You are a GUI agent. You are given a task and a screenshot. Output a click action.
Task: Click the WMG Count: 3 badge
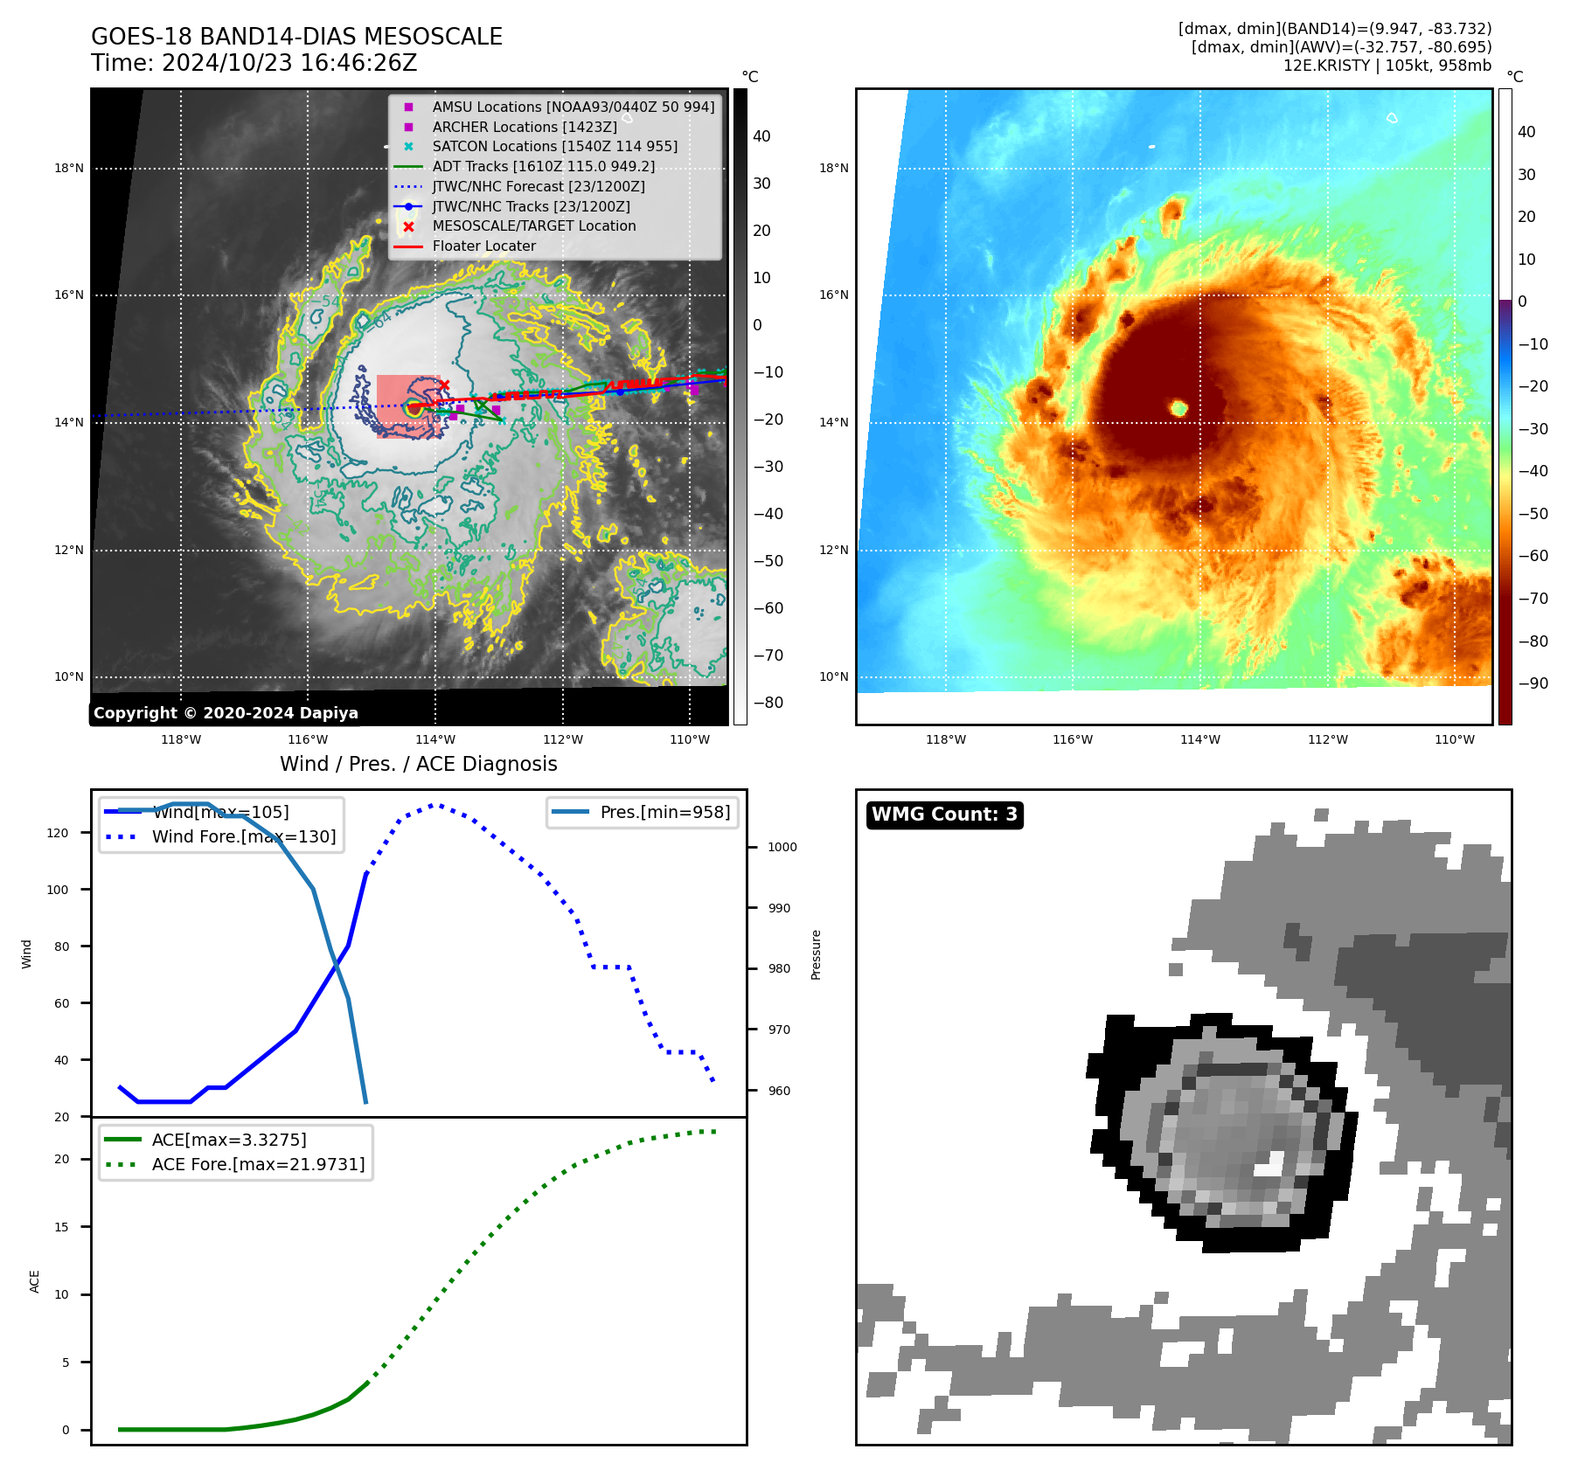pos(944,815)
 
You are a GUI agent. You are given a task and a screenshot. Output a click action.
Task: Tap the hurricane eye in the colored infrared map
pos(1178,408)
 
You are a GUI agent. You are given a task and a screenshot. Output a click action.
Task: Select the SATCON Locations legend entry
pos(554,147)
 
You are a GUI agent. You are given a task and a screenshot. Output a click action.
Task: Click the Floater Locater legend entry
pos(483,246)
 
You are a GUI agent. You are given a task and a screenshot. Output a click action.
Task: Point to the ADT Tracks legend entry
pos(543,167)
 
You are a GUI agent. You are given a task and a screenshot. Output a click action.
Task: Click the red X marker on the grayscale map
pos(444,385)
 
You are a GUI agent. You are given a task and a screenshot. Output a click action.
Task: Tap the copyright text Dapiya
pos(226,713)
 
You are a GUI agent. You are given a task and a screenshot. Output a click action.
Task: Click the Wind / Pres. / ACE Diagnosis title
pos(418,764)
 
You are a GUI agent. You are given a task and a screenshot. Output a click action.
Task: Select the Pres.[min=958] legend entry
pos(664,812)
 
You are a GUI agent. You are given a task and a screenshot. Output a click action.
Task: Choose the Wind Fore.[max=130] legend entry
pos(243,836)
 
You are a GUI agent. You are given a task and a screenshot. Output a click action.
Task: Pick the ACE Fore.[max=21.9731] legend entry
pos(258,1164)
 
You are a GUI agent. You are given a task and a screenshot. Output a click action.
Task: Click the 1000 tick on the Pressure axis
pos(782,847)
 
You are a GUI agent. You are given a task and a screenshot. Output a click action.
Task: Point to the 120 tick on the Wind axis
pos(58,833)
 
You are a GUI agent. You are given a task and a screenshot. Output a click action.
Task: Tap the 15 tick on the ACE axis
pos(61,1227)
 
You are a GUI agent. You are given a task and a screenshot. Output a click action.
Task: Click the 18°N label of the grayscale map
pos(69,168)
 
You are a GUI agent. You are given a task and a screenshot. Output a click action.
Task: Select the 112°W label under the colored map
pos(1327,739)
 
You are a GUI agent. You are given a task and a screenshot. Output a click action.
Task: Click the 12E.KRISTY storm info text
pos(1387,66)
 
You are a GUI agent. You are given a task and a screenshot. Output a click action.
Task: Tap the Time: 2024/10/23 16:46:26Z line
pos(254,64)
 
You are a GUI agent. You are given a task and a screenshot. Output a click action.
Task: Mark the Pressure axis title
pos(816,954)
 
